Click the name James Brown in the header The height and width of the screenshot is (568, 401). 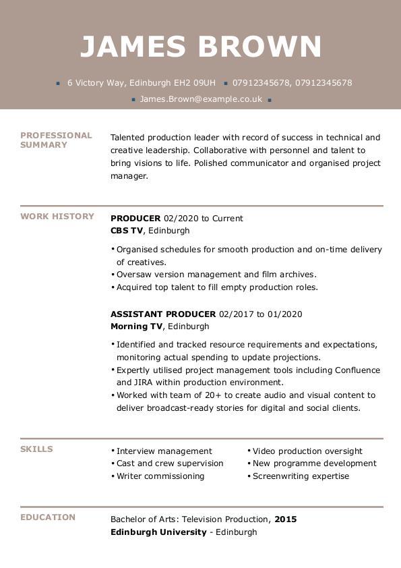201,47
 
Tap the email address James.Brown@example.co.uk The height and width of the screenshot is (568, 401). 201,99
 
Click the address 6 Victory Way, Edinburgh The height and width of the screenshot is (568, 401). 141,83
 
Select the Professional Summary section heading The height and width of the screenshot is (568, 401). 56,140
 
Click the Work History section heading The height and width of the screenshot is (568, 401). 57,217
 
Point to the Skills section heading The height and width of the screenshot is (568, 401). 36,449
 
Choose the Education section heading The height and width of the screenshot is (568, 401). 48,517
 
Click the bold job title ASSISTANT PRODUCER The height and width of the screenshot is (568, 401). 163,314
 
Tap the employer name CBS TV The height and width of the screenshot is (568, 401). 127,231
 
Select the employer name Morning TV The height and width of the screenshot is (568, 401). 136,326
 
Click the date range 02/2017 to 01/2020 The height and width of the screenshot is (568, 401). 261,314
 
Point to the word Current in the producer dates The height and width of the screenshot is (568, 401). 228,219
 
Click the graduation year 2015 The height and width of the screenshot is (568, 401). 286,519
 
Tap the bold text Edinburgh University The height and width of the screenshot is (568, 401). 158,532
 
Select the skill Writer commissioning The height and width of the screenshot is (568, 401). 160,476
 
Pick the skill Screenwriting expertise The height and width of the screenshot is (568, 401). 301,476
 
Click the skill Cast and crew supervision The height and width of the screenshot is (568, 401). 170,463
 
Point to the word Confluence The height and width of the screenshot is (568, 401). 357,370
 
